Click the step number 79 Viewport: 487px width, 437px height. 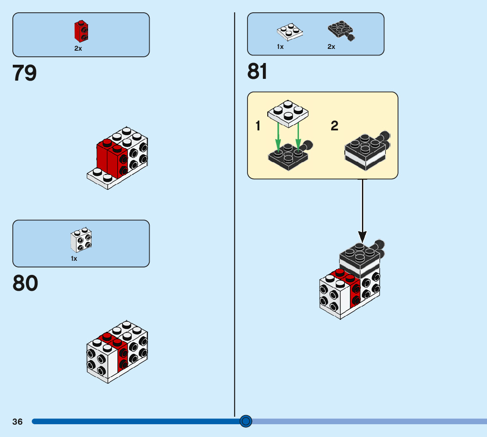tap(25, 73)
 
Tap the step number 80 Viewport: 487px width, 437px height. tap(25, 283)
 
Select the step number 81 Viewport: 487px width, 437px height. tap(258, 71)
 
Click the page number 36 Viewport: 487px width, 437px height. tap(18, 422)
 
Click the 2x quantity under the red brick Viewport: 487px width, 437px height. tap(78, 48)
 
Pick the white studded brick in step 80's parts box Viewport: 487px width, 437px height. tap(81, 240)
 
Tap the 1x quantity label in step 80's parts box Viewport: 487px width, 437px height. tap(74, 259)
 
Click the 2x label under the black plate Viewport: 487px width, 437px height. tap(331, 46)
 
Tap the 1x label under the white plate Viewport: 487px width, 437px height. tap(280, 46)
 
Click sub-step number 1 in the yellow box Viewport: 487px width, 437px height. tap(258, 126)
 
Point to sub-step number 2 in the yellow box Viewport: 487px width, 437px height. tap(335, 126)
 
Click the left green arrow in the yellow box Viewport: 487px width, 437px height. tap(278, 137)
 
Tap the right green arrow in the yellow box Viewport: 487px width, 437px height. tap(299, 137)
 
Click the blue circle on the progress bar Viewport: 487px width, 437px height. tap(246, 422)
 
